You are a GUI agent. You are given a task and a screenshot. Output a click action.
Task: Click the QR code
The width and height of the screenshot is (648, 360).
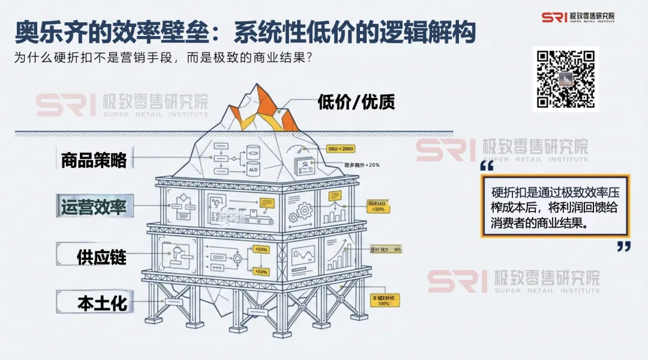point(565,79)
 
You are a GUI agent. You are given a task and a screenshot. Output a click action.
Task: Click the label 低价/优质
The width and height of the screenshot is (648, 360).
point(356,102)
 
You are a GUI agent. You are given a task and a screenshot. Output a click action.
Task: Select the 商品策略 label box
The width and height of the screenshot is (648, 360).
point(94,160)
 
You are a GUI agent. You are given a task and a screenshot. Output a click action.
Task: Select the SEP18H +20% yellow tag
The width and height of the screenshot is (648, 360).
point(378,206)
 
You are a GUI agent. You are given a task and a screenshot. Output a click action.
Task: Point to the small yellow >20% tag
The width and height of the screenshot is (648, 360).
point(261,249)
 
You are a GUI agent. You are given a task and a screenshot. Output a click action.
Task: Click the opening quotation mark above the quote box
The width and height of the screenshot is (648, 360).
point(487,166)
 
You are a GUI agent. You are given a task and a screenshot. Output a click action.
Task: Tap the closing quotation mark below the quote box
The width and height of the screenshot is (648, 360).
point(624,247)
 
